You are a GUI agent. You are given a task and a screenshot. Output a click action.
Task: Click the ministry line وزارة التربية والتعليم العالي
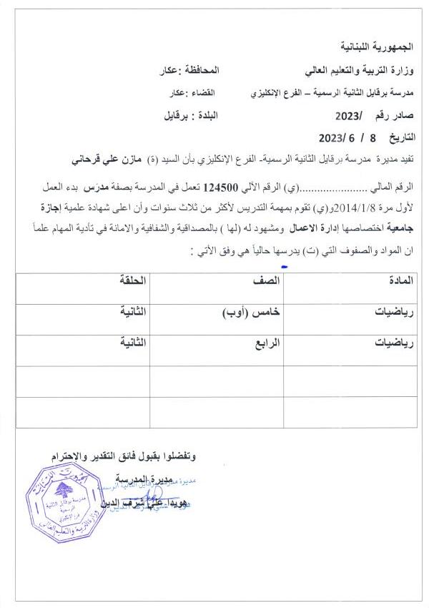tap(358, 72)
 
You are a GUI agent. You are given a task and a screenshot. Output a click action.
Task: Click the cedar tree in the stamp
tap(70, 494)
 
